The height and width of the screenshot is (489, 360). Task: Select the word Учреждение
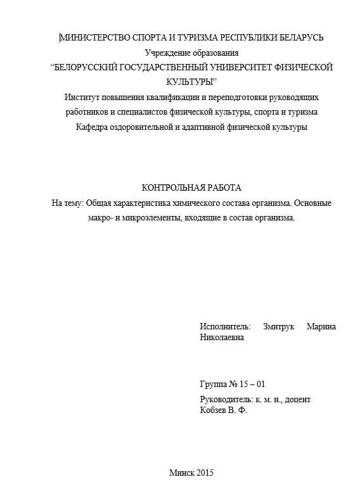[x=167, y=53]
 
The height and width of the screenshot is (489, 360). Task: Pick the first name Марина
[x=321, y=326]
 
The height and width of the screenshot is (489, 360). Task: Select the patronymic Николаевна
[x=221, y=338]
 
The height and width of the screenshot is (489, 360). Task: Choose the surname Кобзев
[x=214, y=410]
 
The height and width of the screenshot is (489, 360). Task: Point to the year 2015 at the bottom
[x=206, y=473]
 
